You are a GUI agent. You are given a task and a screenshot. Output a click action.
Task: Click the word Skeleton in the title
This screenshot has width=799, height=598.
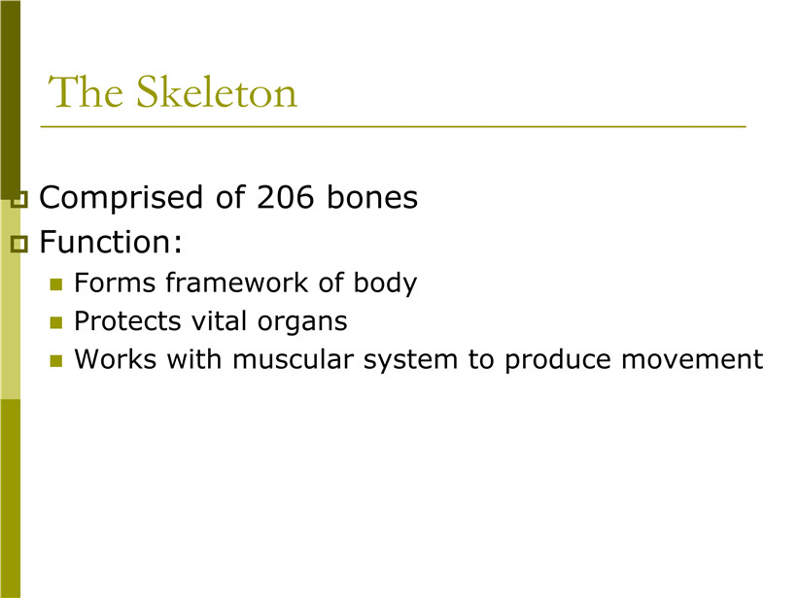pos(217,91)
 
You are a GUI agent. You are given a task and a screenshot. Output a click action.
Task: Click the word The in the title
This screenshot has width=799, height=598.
pos(86,91)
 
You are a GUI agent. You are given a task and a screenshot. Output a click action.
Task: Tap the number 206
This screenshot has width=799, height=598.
pos(285,197)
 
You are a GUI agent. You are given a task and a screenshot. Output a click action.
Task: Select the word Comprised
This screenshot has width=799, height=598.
pos(122,198)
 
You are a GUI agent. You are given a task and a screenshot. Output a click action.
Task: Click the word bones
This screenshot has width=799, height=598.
pos(372,197)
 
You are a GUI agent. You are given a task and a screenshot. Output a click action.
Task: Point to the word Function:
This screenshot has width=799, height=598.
pos(111,242)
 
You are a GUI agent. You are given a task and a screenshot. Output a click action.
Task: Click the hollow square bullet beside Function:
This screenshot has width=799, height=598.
pos(19,245)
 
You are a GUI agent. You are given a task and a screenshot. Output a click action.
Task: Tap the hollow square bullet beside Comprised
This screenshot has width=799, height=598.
pos(19,200)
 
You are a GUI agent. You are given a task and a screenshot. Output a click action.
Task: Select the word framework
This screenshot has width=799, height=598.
pos(237,282)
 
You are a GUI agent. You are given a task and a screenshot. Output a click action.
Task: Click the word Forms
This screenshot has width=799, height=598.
pos(115,282)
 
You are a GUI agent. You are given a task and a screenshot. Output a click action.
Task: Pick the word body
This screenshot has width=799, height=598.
pos(385,283)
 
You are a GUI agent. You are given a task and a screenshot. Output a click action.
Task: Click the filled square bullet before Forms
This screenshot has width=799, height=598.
pos(56,284)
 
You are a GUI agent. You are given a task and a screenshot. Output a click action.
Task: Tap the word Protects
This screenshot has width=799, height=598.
pos(127,321)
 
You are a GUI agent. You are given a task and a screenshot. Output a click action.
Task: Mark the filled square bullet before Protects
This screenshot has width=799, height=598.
pos(56,322)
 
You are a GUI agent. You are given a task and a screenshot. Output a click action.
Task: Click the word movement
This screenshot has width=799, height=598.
pos(692,360)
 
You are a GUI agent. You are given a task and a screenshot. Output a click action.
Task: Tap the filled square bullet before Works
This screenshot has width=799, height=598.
pos(56,361)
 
